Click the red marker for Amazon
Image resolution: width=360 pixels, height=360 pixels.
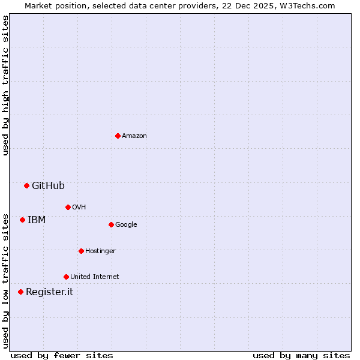tap(118, 136)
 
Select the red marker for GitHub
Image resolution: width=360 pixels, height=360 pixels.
tap(26, 185)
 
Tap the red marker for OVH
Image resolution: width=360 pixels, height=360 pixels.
tap(68, 207)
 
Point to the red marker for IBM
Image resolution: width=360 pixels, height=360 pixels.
tap(22, 220)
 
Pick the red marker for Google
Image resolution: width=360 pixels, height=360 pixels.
tap(111, 224)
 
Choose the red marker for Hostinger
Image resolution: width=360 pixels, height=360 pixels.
tap(81, 251)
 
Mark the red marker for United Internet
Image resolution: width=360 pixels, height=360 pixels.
tap(66, 277)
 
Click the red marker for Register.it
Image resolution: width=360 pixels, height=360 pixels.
tap(20, 292)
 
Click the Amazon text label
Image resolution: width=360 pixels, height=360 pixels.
tap(134, 136)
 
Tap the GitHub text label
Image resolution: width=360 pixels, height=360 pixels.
tap(48, 186)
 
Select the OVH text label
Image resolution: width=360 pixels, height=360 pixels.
tap(79, 208)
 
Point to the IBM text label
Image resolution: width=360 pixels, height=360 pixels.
tap(37, 220)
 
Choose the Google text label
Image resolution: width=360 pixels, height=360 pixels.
tap(126, 225)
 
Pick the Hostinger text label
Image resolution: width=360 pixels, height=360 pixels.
tap(100, 251)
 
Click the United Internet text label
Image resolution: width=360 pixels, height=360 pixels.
tap(95, 277)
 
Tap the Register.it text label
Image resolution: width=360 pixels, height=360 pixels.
tap(49, 292)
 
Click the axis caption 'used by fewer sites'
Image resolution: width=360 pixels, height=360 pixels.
tap(62, 355)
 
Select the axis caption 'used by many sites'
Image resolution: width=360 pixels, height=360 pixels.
tap(301, 355)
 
